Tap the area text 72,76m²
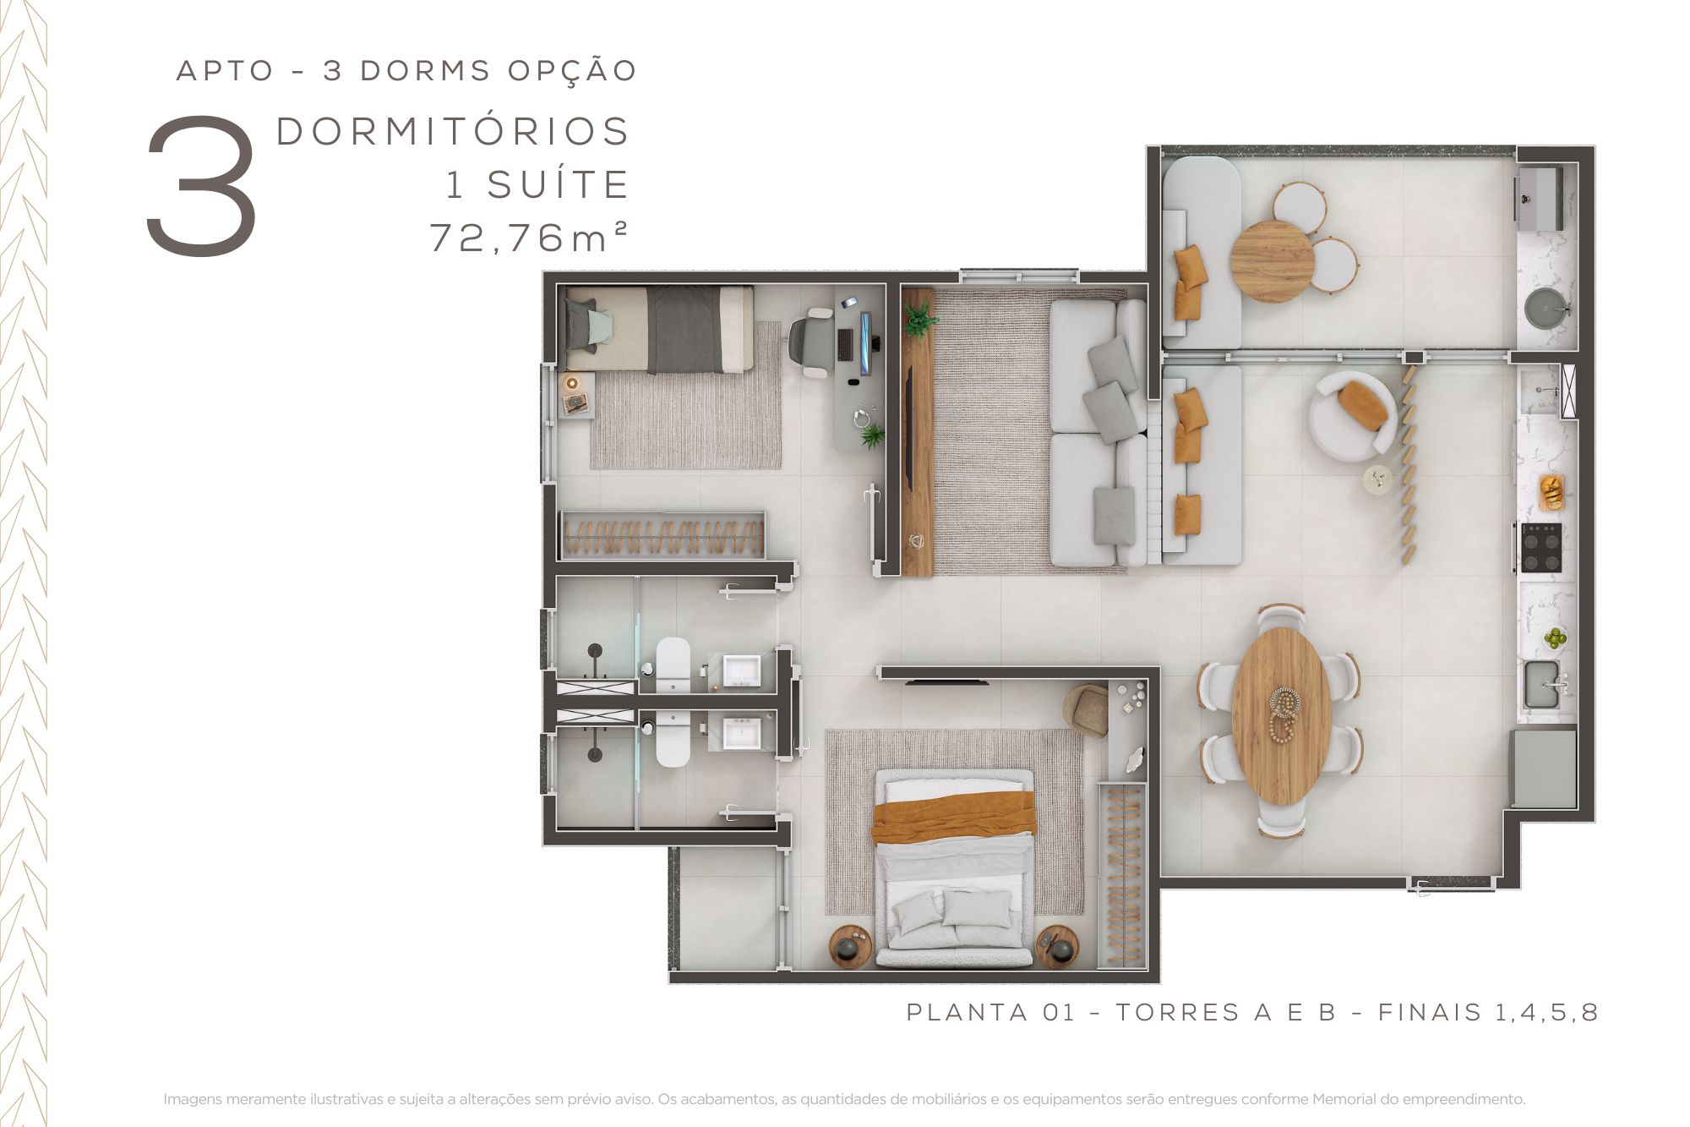[x=529, y=237]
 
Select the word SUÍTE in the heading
[x=558, y=184]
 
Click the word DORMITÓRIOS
[x=453, y=131]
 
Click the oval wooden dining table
[x=1282, y=714]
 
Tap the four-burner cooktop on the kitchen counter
[x=1541, y=548]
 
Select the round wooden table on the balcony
[x=1273, y=260]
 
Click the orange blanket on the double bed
[x=954, y=816]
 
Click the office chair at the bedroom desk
[x=812, y=342]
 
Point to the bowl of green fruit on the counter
[x=1554, y=637]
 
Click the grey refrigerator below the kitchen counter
[x=1543, y=769]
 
